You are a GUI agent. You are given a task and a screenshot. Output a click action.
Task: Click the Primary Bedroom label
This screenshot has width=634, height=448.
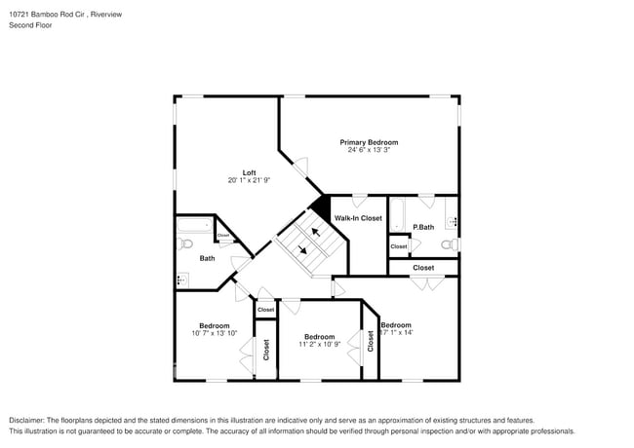369,142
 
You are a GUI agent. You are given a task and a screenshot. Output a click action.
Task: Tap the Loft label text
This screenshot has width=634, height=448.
249,172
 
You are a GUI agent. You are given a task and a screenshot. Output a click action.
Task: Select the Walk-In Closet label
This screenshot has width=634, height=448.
358,218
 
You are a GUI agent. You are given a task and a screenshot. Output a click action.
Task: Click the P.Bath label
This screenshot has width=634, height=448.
422,228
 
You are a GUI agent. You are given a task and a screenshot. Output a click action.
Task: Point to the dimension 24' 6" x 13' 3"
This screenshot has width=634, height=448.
369,150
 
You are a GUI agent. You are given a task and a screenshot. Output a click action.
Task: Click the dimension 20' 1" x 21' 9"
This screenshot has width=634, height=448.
249,180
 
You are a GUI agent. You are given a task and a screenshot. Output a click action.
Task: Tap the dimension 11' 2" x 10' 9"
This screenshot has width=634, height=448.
319,344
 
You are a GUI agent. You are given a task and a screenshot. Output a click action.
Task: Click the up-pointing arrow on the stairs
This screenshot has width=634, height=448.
314,232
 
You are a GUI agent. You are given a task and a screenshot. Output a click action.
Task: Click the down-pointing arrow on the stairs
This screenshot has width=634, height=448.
303,249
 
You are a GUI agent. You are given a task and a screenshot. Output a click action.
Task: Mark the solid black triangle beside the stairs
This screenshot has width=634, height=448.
319,207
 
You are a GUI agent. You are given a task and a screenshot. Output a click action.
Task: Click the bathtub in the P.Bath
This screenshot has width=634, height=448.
397,215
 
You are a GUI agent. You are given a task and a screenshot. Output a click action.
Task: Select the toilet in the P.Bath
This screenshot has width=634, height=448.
450,244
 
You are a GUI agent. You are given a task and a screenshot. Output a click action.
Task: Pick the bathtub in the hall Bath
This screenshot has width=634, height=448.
194,227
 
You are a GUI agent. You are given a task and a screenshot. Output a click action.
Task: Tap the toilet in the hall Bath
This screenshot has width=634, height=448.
182,280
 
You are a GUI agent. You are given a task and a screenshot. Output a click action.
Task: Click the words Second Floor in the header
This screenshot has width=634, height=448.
31,25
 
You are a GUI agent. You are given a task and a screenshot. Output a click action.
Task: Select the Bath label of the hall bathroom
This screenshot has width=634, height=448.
207,258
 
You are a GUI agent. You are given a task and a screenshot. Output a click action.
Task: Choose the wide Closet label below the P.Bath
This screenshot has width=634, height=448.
423,267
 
